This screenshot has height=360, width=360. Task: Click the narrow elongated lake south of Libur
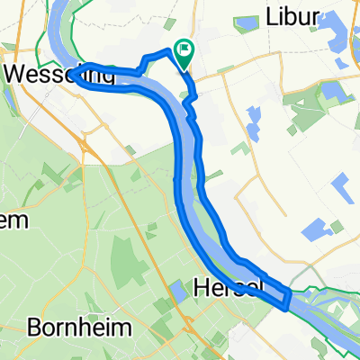pos(252,117)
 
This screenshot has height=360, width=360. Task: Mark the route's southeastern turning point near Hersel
pos(286,302)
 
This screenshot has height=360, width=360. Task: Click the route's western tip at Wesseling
pos(77,70)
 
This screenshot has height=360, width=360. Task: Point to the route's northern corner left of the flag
pos(167,51)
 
